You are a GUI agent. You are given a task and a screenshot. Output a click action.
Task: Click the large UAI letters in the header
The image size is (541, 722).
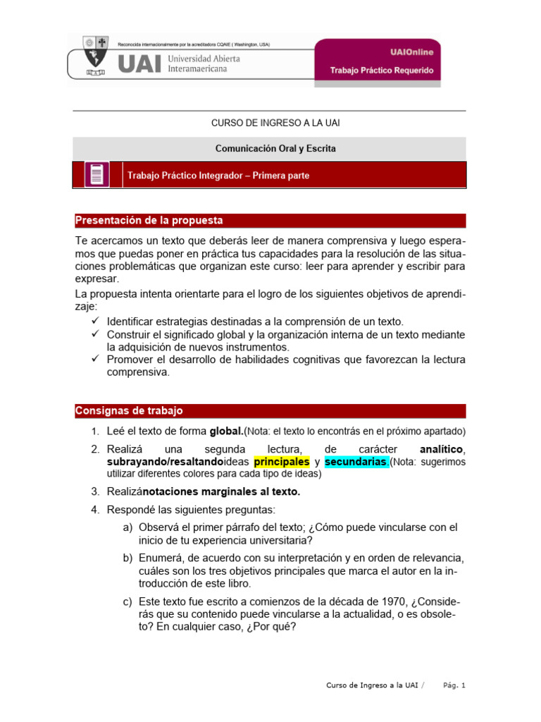[x=139, y=64]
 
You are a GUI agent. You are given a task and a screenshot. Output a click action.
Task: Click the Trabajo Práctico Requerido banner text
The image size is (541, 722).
[x=382, y=71]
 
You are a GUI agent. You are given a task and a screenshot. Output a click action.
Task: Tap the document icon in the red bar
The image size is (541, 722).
[x=97, y=174]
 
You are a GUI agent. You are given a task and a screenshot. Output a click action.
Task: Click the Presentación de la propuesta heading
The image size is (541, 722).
[x=149, y=220]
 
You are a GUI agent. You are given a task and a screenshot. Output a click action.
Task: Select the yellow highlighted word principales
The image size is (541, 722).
[x=281, y=462]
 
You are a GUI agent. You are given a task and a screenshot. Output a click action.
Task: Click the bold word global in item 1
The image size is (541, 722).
[x=226, y=431]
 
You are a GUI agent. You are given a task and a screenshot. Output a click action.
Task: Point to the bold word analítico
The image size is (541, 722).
[x=441, y=449]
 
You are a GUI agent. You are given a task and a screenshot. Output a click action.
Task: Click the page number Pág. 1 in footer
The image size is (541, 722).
[x=454, y=685]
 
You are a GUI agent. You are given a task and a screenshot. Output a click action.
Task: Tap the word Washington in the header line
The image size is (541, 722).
[x=238, y=44]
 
